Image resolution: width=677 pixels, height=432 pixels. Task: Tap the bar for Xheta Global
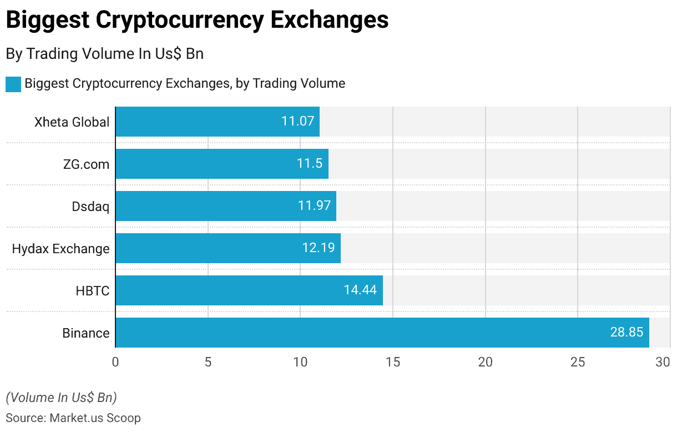pos(217,122)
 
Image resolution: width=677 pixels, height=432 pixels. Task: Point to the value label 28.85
pos(627,333)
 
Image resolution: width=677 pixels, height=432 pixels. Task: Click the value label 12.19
pos(319,248)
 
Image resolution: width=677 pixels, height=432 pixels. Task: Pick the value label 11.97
pos(314,206)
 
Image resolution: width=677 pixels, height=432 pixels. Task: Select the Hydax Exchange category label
pos(60,249)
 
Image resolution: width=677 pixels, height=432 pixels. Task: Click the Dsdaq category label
pos(90,207)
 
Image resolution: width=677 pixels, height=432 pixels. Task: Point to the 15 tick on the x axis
pos(393,362)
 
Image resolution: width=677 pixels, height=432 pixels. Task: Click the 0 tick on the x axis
pos(115,362)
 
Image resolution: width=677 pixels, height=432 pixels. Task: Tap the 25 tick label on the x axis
pos(578,362)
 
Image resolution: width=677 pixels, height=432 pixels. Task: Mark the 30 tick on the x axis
pos(663,362)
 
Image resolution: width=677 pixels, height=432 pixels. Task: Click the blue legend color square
pos(13,84)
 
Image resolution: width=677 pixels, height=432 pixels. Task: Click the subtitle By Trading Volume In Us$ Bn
pos(104,53)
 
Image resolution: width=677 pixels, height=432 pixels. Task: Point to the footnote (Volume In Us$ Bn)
pos(61,398)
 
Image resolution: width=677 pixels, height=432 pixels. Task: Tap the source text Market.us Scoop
pos(95,418)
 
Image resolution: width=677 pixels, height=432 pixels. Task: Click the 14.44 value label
pos(360,290)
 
